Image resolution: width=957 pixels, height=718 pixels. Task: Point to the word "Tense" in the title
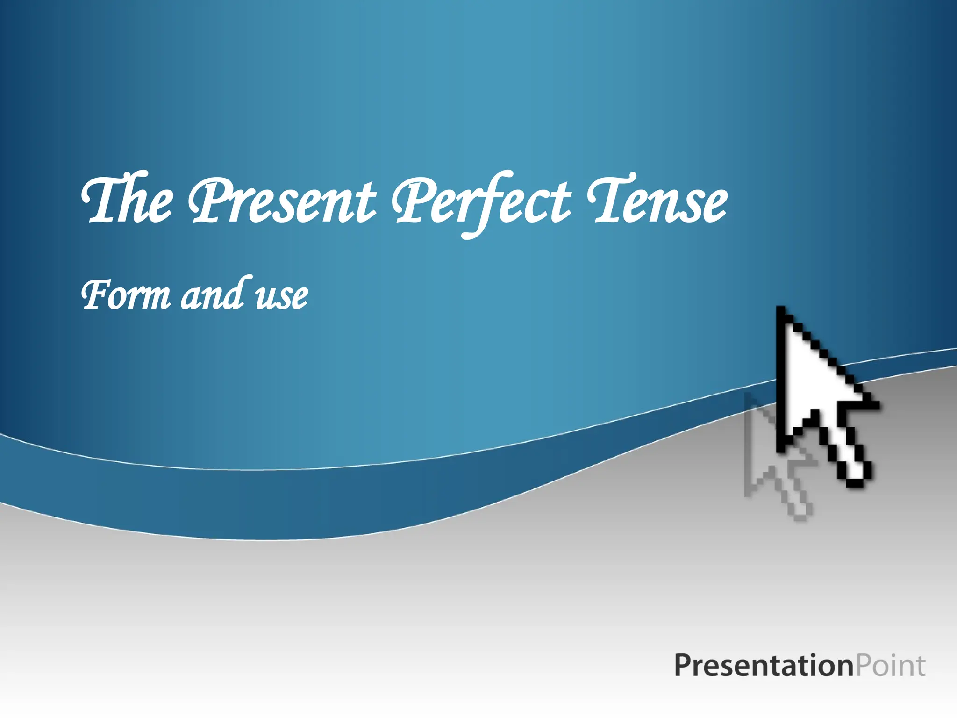click(x=657, y=201)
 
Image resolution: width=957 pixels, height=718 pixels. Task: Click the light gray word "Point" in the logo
click(x=890, y=666)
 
